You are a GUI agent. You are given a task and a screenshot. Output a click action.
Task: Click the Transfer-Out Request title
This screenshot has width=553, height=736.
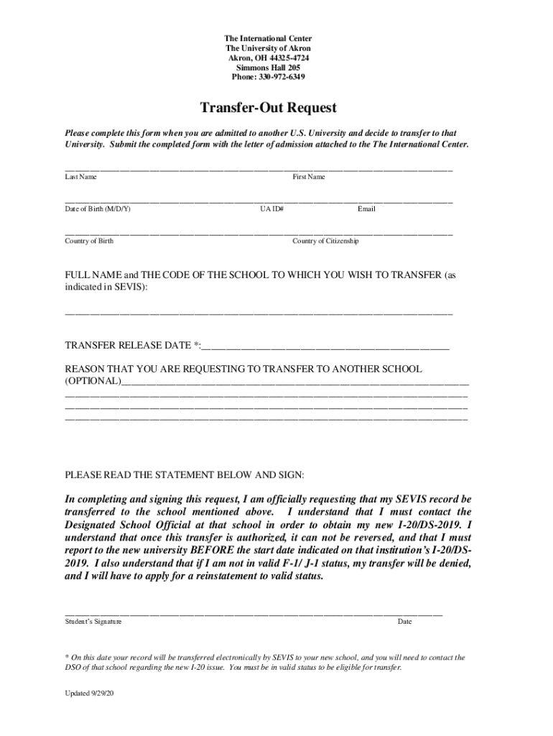tap(268, 108)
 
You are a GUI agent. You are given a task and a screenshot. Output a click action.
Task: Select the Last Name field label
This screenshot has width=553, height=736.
tap(81, 176)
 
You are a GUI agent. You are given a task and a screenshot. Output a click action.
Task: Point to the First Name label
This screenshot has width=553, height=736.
tap(308, 176)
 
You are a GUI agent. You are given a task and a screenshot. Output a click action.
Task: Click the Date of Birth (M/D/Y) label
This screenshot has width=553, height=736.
tap(98, 208)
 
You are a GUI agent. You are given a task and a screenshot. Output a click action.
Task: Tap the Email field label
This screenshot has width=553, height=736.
tap(366, 208)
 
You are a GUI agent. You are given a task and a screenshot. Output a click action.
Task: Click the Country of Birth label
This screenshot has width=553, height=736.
tap(89, 241)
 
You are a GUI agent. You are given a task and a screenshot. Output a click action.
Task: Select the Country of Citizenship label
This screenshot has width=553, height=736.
tap(325, 241)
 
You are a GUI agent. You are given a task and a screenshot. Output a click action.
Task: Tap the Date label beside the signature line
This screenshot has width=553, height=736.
tap(404, 621)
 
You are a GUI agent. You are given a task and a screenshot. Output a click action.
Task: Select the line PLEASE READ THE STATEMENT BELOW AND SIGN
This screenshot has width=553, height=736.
tap(185, 475)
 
